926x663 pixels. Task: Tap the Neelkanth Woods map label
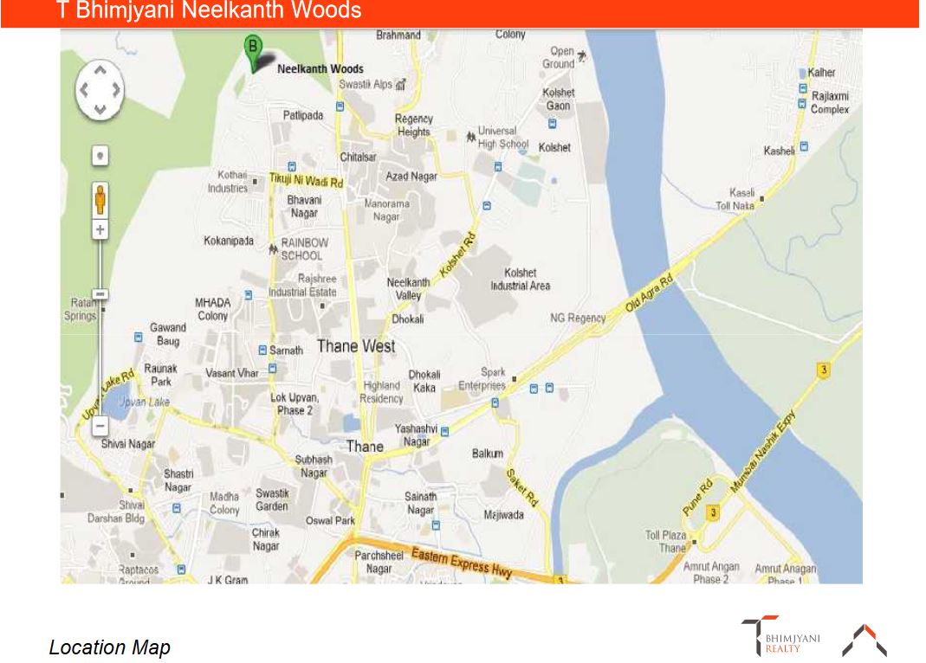320,69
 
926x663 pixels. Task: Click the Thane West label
355,346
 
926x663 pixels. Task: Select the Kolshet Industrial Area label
520,279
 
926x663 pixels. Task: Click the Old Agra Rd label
649,295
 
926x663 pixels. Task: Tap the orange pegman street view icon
100,200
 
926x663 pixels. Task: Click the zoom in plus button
100,230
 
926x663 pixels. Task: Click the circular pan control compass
100,89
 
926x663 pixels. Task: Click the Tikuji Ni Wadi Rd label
306,181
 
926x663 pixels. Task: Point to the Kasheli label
779,151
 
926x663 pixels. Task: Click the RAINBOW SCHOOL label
304,249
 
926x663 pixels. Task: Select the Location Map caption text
109,647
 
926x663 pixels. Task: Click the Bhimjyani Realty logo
780,637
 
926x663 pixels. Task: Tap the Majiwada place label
503,514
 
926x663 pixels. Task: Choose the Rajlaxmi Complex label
829,102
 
